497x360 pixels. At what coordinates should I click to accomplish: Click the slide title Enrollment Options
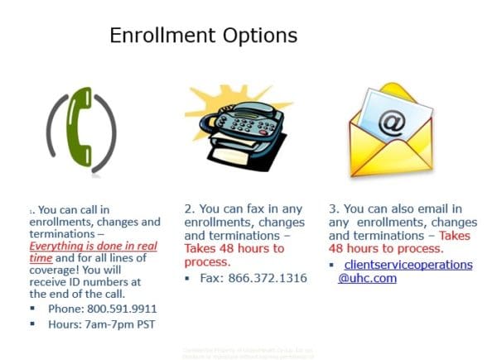203,36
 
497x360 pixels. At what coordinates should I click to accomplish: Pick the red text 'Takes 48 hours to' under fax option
234,247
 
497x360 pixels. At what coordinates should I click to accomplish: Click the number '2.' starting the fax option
190,209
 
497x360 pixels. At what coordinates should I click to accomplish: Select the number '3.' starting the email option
334,209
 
